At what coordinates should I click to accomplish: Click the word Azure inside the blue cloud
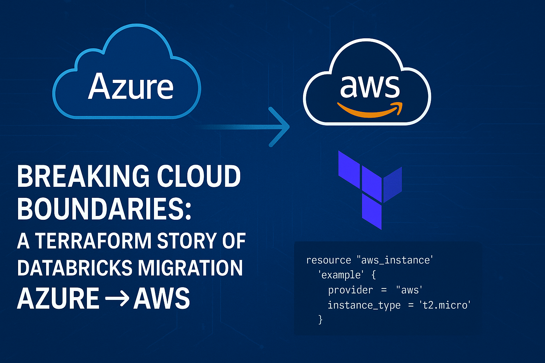tap(131, 86)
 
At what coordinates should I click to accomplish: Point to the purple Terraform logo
tap(370, 190)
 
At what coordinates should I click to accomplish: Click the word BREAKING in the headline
tap(83, 176)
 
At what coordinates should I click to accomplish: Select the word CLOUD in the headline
tap(199, 176)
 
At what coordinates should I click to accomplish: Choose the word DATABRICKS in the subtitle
tap(75, 268)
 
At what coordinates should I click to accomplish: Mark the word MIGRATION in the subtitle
tap(190, 268)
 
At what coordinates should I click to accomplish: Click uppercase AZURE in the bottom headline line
tap(58, 298)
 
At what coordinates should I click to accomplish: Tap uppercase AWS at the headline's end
tap(161, 298)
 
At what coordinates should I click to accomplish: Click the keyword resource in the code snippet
tap(328, 260)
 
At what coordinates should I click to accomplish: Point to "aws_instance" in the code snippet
tap(392, 260)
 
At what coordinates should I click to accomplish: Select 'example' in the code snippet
tap(341, 275)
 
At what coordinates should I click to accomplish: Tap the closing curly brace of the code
tap(320, 320)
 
